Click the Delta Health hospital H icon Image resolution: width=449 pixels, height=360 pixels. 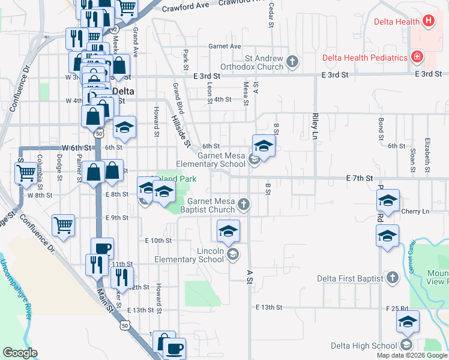pyautogui.click(x=428, y=22)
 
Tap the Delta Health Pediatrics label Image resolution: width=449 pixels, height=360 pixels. pyautogui.click(x=365, y=58)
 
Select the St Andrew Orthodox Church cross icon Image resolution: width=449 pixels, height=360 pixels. pyautogui.click(x=292, y=61)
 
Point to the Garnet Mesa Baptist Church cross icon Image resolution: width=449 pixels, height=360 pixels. pyautogui.click(x=243, y=205)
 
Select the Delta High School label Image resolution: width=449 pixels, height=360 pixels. pyautogui.click(x=364, y=346)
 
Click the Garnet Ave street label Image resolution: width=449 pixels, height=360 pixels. pyautogui.click(x=224, y=46)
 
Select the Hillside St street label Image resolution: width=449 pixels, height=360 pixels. pyautogui.click(x=180, y=132)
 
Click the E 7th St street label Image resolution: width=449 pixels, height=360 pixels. pyautogui.click(x=360, y=178)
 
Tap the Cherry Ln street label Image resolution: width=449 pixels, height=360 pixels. pyautogui.click(x=415, y=211)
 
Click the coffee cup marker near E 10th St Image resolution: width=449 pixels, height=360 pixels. pyautogui.click(x=102, y=248)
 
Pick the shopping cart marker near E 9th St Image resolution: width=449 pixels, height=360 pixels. pyautogui.click(x=64, y=226)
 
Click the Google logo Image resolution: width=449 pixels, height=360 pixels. pyautogui.click(x=20, y=353)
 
